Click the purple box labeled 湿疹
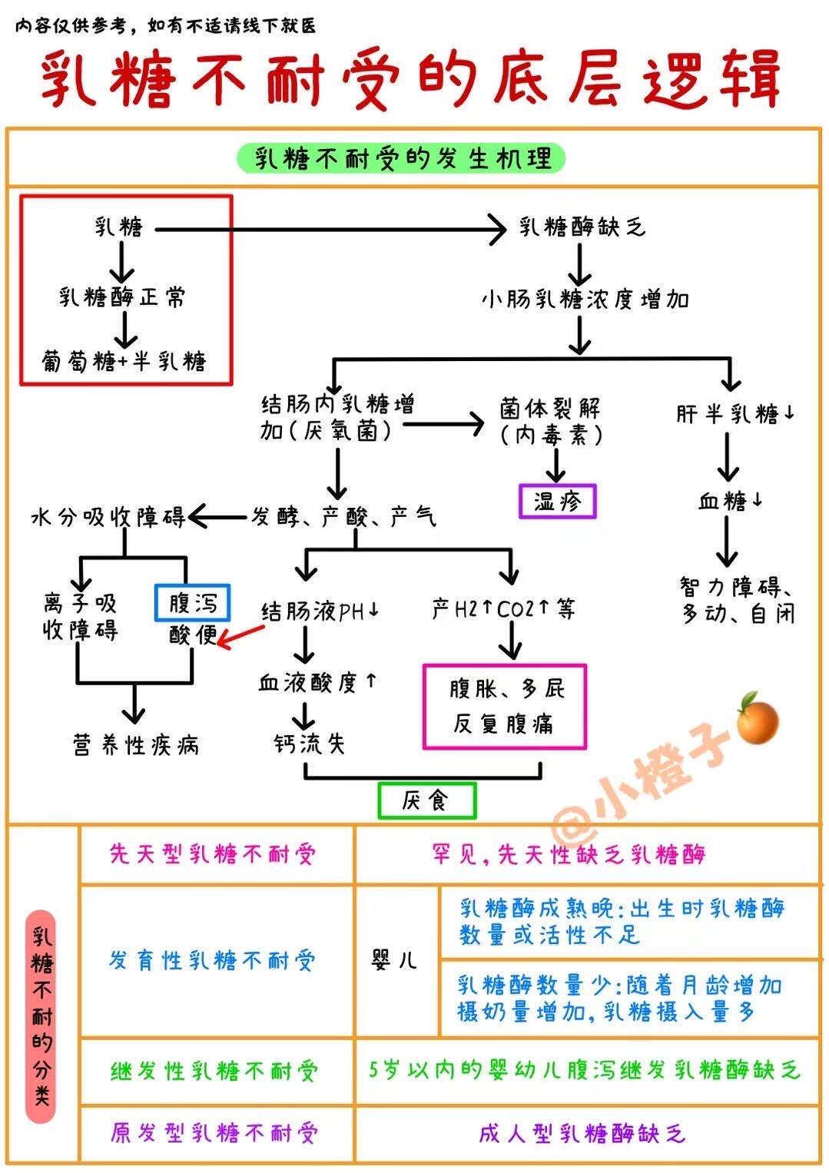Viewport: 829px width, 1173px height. tap(557, 501)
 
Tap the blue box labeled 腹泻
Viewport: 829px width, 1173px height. tap(192, 602)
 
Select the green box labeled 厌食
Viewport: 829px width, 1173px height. tap(427, 800)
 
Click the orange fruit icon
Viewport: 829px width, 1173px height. tap(758, 719)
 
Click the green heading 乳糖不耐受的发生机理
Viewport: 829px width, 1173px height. tap(402, 158)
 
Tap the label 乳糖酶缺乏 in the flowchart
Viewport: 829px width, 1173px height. tap(582, 227)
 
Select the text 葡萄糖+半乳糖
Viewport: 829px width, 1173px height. tap(124, 361)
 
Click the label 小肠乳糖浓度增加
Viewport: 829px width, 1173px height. tap(585, 300)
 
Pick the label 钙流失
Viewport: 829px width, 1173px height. tap(310, 743)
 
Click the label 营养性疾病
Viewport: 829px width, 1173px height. tap(136, 744)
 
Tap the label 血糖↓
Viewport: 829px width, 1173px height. tap(730, 501)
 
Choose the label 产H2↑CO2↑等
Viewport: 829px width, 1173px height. tap(503, 609)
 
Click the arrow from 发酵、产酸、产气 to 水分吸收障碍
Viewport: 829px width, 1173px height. tap(217, 518)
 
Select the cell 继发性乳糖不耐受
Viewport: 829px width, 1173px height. tap(214, 1070)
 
